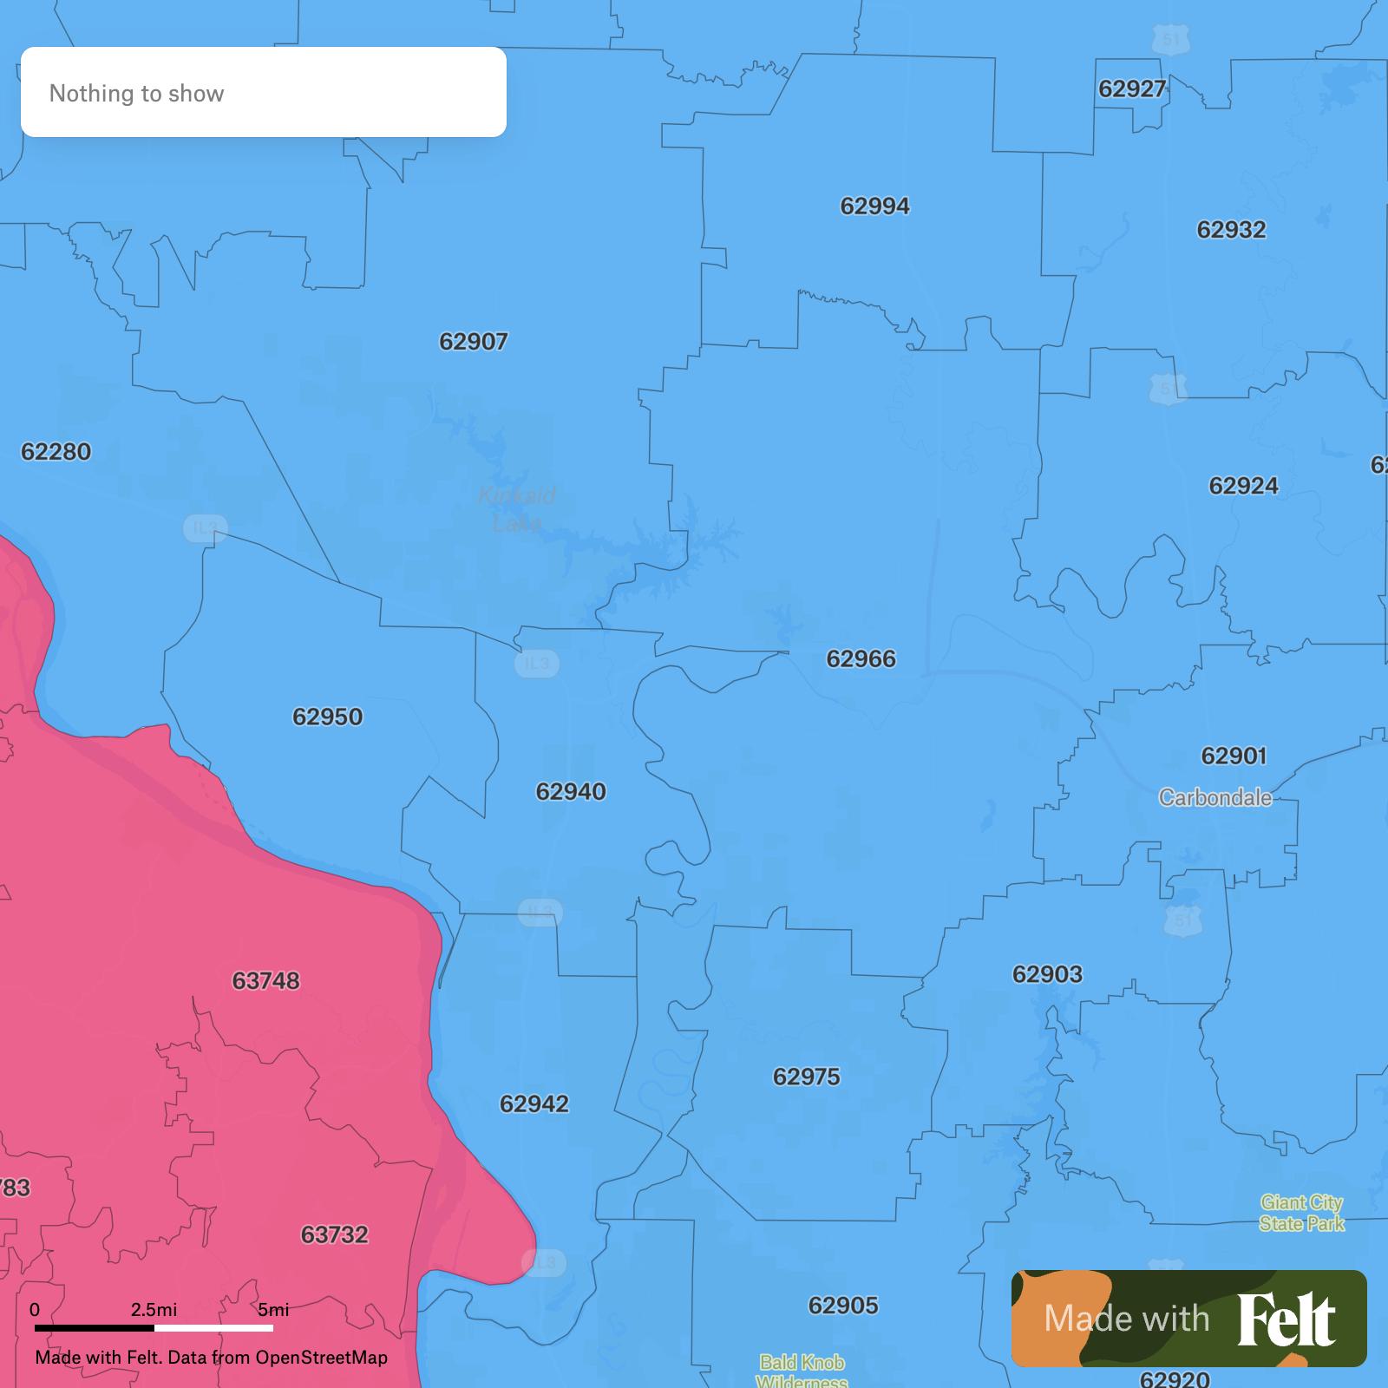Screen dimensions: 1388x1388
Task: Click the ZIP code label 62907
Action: [473, 342]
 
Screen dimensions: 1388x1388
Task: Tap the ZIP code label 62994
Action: [874, 206]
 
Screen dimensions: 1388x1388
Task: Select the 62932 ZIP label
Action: [1230, 230]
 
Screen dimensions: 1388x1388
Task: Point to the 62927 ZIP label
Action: [1131, 89]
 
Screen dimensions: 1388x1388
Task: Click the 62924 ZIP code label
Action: [1242, 486]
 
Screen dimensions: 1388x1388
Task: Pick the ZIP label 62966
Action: [861, 659]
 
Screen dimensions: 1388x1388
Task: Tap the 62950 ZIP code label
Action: [327, 717]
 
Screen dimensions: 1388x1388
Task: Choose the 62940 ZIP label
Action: [570, 791]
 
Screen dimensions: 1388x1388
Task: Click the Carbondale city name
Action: [1214, 798]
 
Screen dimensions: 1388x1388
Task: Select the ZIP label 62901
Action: [1233, 756]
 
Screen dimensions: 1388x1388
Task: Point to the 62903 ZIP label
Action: [1046, 974]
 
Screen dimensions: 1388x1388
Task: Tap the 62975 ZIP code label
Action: [806, 1077]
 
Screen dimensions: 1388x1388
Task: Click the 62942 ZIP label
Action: [534, 1103]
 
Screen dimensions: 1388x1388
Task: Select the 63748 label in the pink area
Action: [265, 980]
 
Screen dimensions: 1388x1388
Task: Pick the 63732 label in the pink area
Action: [334, 1234]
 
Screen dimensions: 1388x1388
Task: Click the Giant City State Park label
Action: [1301, 1213]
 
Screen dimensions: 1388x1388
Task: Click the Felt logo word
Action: [1286, 1319]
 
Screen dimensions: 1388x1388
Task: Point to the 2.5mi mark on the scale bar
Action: [154, 1310]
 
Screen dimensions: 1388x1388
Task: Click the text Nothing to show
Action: [136, 94]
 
